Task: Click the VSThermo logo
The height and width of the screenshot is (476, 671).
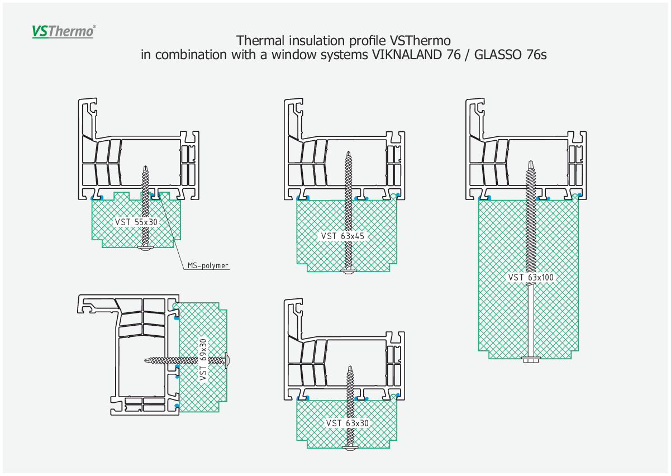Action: pyautogui.click(x=64, y=32)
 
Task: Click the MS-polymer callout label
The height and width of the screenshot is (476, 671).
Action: pyautogui.click(x=208, y=266)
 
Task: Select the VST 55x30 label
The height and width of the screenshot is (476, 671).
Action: pyautogui.click(x=136, y=222)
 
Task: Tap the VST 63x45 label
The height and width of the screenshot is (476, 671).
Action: pyautogui.click(x=342, y=236)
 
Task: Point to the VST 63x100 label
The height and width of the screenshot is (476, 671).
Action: pyautogui.click(x=531, y=278)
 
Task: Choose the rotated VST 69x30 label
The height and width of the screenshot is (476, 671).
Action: pyautogui.click(x=203, y=360)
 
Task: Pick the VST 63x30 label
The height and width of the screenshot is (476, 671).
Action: pyautogui.click(x=347, y=423)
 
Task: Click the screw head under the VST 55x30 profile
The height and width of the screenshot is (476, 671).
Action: pyautogui.click(x=145, y=247)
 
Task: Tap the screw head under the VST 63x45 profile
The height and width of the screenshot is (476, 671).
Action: pyautogui.click(x=348, y=272)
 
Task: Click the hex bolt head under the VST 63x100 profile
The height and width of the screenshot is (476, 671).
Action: pyautogui.click(x=531, y=359)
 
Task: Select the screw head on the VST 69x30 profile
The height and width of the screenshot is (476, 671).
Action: pyautogui.click(x=227, y=360)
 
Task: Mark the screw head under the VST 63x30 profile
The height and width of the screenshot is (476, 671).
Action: pyautogui.click(x=350, y=448)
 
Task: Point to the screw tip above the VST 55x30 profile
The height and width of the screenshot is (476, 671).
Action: pyautogui.click(x=146, y=166)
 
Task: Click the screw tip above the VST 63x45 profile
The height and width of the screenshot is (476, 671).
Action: pyautogui.click(x=349, y=152)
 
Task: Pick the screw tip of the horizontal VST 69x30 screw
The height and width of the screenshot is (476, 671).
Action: pyautogui.click(x=146, y=360)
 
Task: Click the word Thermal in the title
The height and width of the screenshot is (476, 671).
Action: pyautogui.click(x=260, y=41)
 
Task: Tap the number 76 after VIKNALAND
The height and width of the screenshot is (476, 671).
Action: pyautogui.click(x=453, y=55)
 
